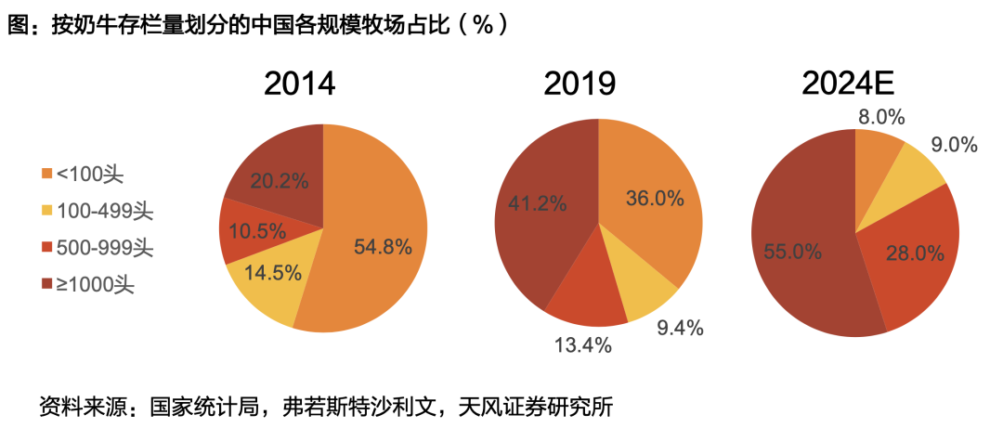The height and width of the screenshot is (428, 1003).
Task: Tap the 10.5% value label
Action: (x=256, y=232)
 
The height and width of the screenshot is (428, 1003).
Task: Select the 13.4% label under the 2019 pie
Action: (x=583, y=345)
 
